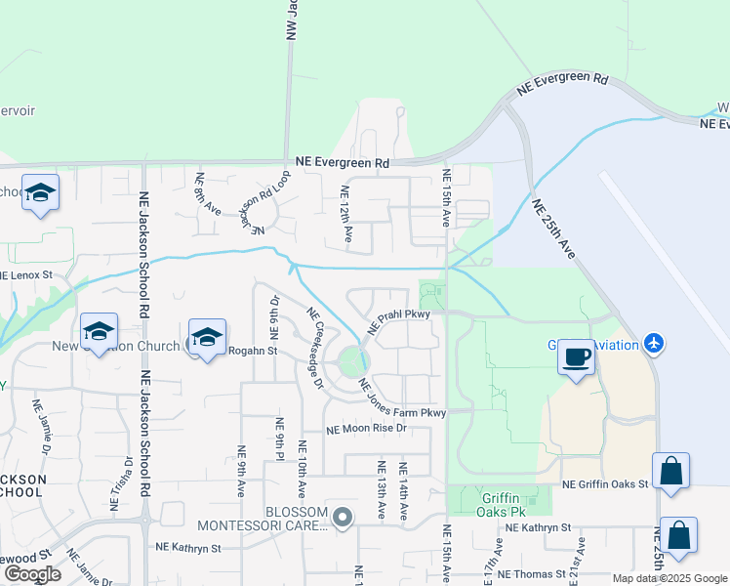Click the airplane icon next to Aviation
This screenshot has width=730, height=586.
(654, 344)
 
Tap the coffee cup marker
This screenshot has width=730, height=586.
(576, 358)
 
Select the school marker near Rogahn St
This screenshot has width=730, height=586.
(207, 338)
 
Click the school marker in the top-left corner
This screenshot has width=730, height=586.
(40, 193)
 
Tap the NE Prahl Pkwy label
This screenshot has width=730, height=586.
(398, 324)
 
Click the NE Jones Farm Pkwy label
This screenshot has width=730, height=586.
(402, 399)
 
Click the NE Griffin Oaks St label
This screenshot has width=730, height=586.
(605, 483)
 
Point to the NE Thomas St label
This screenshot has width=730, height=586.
(532, 573)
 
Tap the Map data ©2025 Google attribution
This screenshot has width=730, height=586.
(669, 578)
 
